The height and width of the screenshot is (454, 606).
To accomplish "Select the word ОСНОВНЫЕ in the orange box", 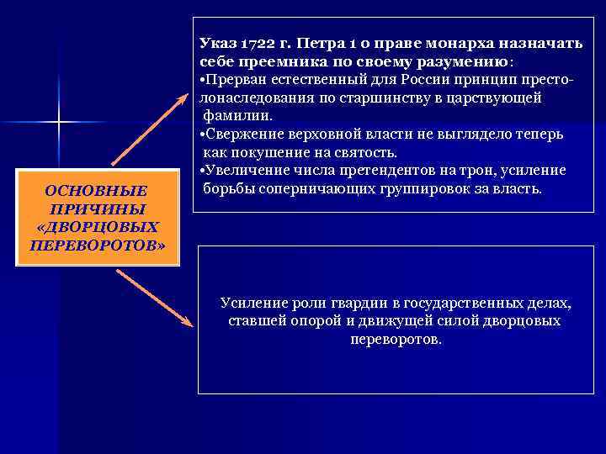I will tap(96, 192).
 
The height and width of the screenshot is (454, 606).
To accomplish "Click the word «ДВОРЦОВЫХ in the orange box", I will tap(97, 227).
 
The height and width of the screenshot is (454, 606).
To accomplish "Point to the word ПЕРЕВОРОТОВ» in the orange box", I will tap(97, 245).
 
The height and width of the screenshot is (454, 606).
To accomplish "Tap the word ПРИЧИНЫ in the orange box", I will tap(97, 209).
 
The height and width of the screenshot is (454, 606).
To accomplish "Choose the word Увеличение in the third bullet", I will tap(243, 171).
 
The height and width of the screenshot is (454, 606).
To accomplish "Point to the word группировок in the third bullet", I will tap(447, 189).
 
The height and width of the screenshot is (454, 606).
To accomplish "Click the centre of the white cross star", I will tap(59, 124).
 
